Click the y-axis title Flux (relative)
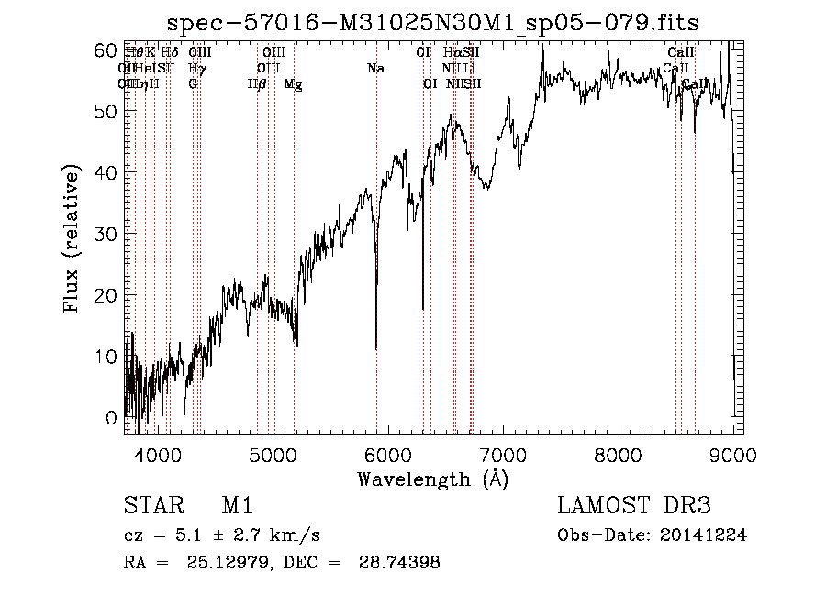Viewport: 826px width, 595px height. click(73, 237)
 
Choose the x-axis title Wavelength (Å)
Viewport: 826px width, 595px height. click(432, 479)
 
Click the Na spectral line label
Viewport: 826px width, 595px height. click(374, 69)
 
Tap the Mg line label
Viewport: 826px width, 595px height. click(293, 84)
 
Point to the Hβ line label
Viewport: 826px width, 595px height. click(257, 84)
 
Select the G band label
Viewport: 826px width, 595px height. click(193, 84)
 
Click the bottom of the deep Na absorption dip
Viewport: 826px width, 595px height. click(376, 347)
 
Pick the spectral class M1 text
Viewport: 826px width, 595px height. click(237, 507)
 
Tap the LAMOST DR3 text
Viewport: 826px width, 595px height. click(634, 506)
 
